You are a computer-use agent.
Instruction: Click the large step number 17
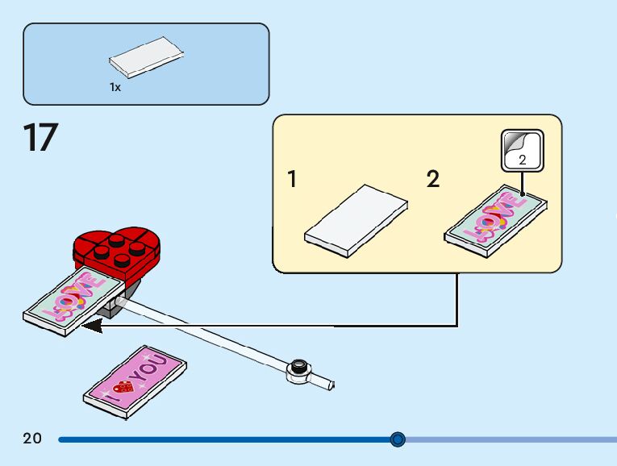click(x=41, y=138)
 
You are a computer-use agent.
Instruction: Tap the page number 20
click(x=32, y=439)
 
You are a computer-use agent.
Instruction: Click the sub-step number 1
click(x=292, y=179)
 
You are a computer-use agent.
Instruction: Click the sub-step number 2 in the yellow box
click(x=433, y=179)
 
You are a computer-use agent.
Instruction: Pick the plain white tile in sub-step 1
click(x=355, y=221)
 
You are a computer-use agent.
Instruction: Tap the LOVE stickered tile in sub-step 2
click(x=496, y=221)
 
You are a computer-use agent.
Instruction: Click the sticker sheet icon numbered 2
click(x=522, y=151)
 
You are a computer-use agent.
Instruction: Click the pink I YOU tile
click(x=135, y=381)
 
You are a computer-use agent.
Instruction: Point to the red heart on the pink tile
click(x=123, y=386)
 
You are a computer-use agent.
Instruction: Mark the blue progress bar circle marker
click(x=398, y=439)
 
